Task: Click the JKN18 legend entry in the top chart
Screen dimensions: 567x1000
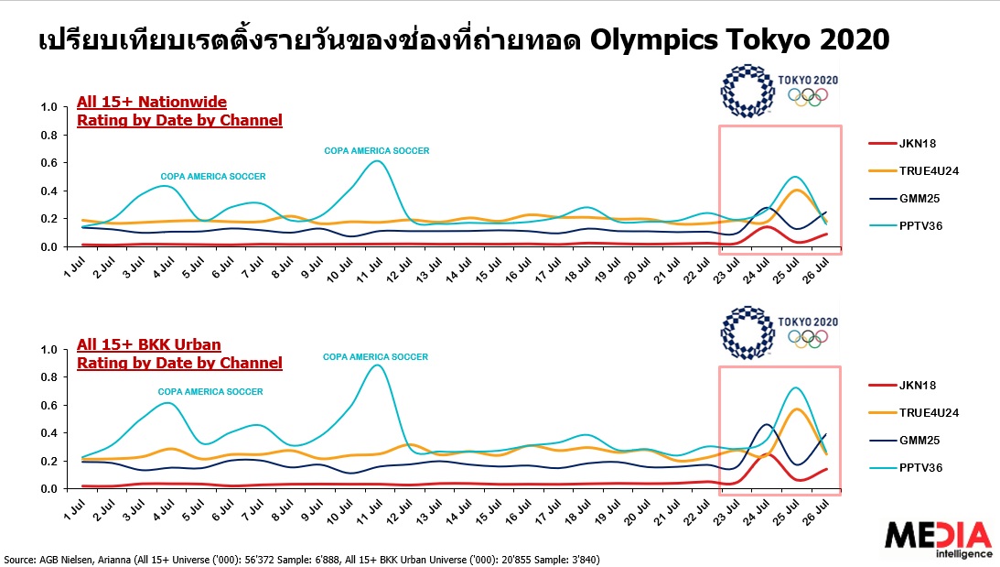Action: pyautogui.click(x=916, y=144)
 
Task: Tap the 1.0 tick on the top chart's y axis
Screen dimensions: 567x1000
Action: pyautogui.click(x=48, y=107)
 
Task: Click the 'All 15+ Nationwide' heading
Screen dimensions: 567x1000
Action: pyautogui.click(x=152, y=102)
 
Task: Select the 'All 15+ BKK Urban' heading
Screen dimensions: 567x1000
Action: pyautogui.click(x=150, y=344)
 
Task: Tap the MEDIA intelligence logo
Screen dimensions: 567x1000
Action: pyautogui.click(x=939, y=539)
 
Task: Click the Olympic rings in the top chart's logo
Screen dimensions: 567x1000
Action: pyautogui.click(x=808, y=95)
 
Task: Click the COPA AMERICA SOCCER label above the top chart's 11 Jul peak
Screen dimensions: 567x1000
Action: pyautogui.click(x=376, y=150)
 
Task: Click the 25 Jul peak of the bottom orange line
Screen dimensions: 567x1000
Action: pyautogui.click(x=798, y=409)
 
